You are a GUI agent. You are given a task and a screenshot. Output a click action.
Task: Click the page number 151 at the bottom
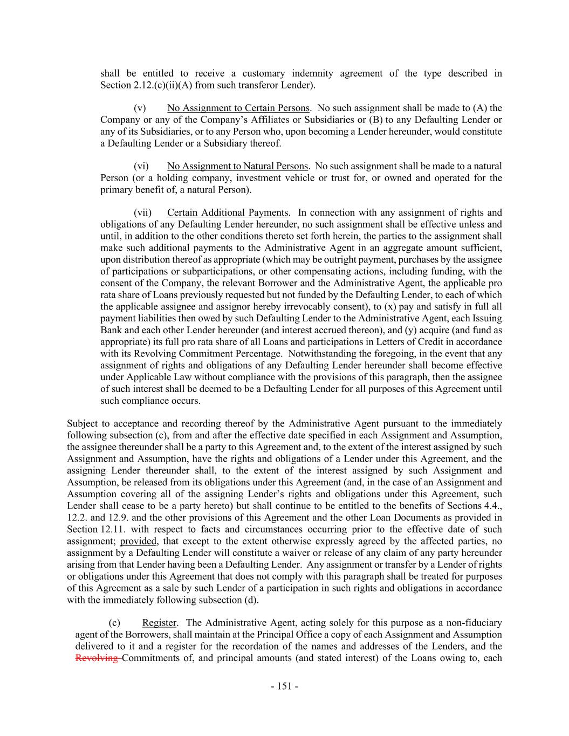click(284, 686)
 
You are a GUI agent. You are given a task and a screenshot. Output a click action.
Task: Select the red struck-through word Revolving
click(97, 658)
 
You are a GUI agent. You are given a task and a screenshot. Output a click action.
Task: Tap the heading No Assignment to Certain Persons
click(238, 108)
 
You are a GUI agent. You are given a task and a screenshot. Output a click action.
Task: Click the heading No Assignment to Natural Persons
click(237, 167)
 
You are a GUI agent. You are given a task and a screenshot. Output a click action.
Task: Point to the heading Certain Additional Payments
click(228, 213)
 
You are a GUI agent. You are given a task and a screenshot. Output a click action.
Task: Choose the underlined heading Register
click(160, 623)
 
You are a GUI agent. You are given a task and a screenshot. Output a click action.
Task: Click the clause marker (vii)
click(143, 213)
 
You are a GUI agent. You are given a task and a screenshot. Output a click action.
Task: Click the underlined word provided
click(139, 541)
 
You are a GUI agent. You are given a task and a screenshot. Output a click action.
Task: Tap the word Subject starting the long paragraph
click(82, 424)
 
